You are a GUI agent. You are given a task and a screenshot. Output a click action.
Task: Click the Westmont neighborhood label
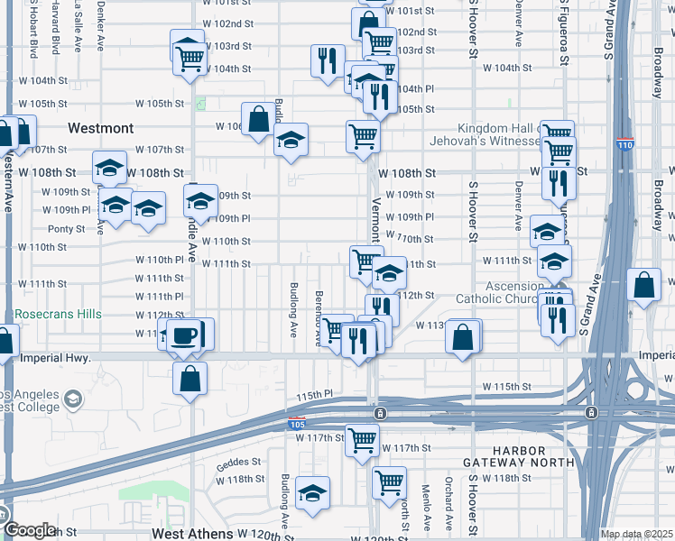click(100, 128)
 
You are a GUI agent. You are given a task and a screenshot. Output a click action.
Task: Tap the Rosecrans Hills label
click(58, 315)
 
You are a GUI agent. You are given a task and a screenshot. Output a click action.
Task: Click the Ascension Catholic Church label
click(515, 292)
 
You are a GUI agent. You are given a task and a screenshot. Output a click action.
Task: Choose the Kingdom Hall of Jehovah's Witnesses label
click(504, 135)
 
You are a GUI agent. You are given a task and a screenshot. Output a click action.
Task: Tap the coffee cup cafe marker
click(184, 335)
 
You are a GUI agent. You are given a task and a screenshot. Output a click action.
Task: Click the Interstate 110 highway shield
click(624, 143)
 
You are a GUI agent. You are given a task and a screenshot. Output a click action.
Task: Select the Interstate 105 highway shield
click(296, 423)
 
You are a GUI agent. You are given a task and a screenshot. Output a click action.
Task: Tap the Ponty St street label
click(67, 228)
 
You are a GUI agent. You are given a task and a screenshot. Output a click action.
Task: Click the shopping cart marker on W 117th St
click(363, 441)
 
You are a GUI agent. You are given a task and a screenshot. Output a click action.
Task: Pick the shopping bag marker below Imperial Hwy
click(190, 378)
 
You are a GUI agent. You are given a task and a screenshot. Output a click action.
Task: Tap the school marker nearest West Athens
click(313, 493)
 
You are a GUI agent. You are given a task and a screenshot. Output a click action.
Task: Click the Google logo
click(31, 530)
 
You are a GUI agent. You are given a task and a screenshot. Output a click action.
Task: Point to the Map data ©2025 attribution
click(635, 534)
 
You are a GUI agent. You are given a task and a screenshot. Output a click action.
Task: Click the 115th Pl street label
click(315, 395)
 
